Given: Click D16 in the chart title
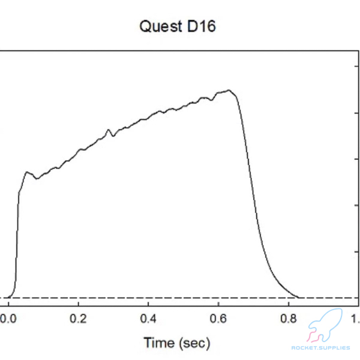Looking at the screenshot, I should [202, 27].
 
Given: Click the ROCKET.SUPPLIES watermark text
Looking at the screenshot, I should [320, 348].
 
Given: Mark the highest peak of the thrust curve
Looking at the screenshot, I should [228, 91].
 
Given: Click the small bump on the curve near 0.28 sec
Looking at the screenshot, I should [109, 130].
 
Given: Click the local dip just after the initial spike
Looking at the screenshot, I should [37, 178].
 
